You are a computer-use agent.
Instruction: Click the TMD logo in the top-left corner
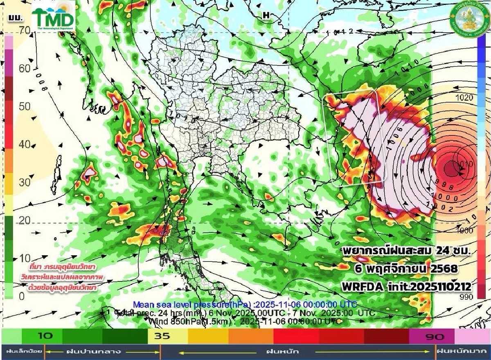pyautogui.click(x=54, y=17)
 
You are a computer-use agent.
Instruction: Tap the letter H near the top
pyautogui.click(x=266, y=15)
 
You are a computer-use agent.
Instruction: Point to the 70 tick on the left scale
pyautogui.click(x=24, y=30)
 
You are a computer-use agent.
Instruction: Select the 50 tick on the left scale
pyautogui.click(x=24, y=106)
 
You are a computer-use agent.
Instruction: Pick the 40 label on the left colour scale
pyautogui.click(x=24, y=144)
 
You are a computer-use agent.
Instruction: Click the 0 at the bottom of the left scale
pyautogui.click(x=21, y=296)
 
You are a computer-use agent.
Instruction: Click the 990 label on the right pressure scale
pyautogui.click(x=465, y=296)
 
